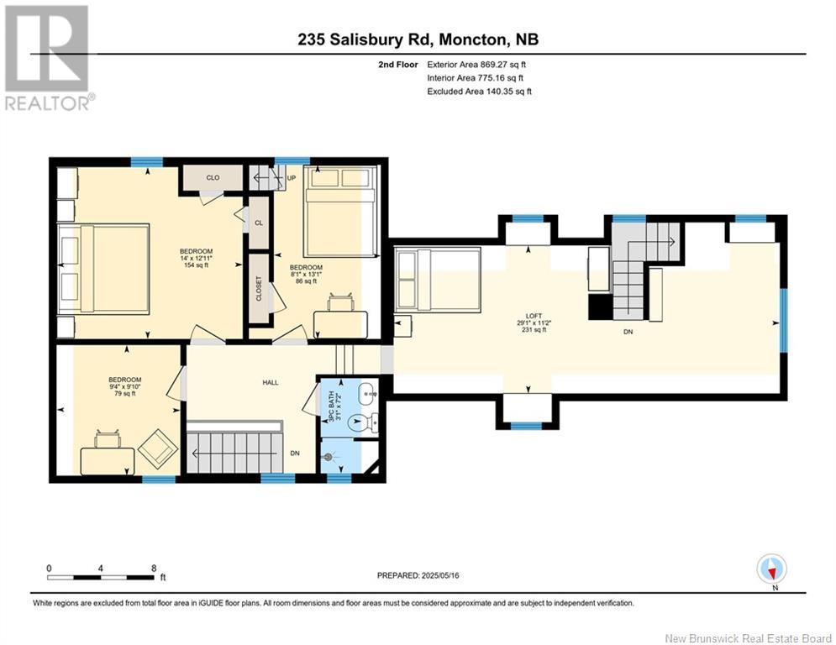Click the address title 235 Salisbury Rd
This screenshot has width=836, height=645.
click(418, 39)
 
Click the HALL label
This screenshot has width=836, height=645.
click(270, 382)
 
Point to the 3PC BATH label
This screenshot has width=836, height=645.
click(329, 405)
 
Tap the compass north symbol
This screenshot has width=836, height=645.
click(770, 569)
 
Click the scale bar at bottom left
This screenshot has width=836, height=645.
click(101, 577)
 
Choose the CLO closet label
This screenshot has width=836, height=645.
click(213, 177)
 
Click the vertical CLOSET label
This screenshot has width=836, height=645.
click(259, 290)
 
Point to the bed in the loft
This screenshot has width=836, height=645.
click(437, 280)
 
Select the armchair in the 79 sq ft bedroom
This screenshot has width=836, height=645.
click(157, 448)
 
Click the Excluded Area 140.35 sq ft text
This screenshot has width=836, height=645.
click(481, 91)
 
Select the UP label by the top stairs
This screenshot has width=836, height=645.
click(292, 179)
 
